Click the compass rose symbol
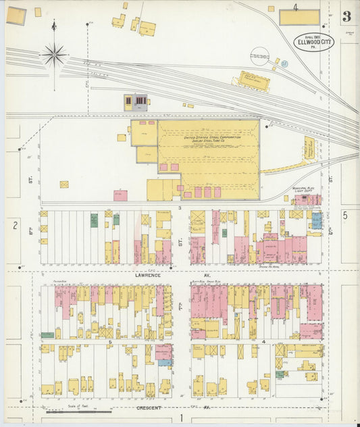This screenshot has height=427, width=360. coord(54,53)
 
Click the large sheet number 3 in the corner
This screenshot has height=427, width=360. coord(346,17)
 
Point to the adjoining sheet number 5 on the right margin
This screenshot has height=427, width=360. coord(344,216)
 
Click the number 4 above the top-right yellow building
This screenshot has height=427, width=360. coord(295,7)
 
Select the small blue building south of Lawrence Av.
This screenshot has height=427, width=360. coord(165,363)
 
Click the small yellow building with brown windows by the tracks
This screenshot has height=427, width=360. coord(136,102)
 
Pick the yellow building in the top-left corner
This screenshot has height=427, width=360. coord(16,16)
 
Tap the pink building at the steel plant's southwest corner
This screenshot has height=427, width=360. coord(120,195)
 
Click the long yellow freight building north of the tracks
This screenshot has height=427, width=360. coord(250,82)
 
